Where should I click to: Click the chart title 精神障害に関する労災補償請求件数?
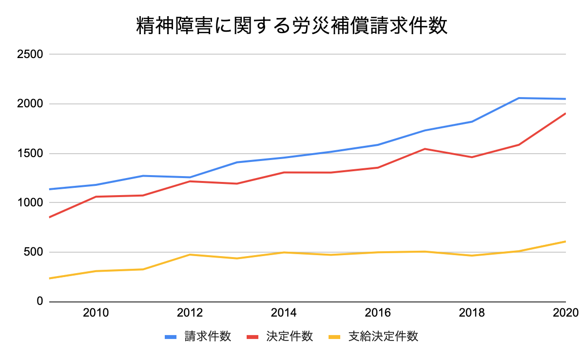pyautogui.click(x=291, y=27)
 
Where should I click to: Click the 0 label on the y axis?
pyautogui.click(x=40, y=302)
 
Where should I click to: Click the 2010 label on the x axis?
pyautogui.click(x=97, y=313)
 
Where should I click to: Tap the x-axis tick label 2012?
pyautogui.click(x=190, y=313)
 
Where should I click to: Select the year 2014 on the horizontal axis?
pyautogui.click(x=284, y=313)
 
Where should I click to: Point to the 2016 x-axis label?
pyautogui.click(x=378, y=313)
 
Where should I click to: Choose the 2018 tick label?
pyautogui.click(x=472, y=313)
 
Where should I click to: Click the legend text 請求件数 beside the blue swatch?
pyautogui.click(x=207, y=337)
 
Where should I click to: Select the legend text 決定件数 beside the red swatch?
pyautogui.click(x=289, y=337)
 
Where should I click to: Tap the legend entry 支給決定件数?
pyautogui.click(x=383, y=337)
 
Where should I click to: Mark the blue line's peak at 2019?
pyautogui.click(x=519, y=98)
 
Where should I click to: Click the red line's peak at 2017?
pyautogui.click(x=425, y=149)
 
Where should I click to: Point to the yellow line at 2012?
pyautogui.click(x=190, y=255)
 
